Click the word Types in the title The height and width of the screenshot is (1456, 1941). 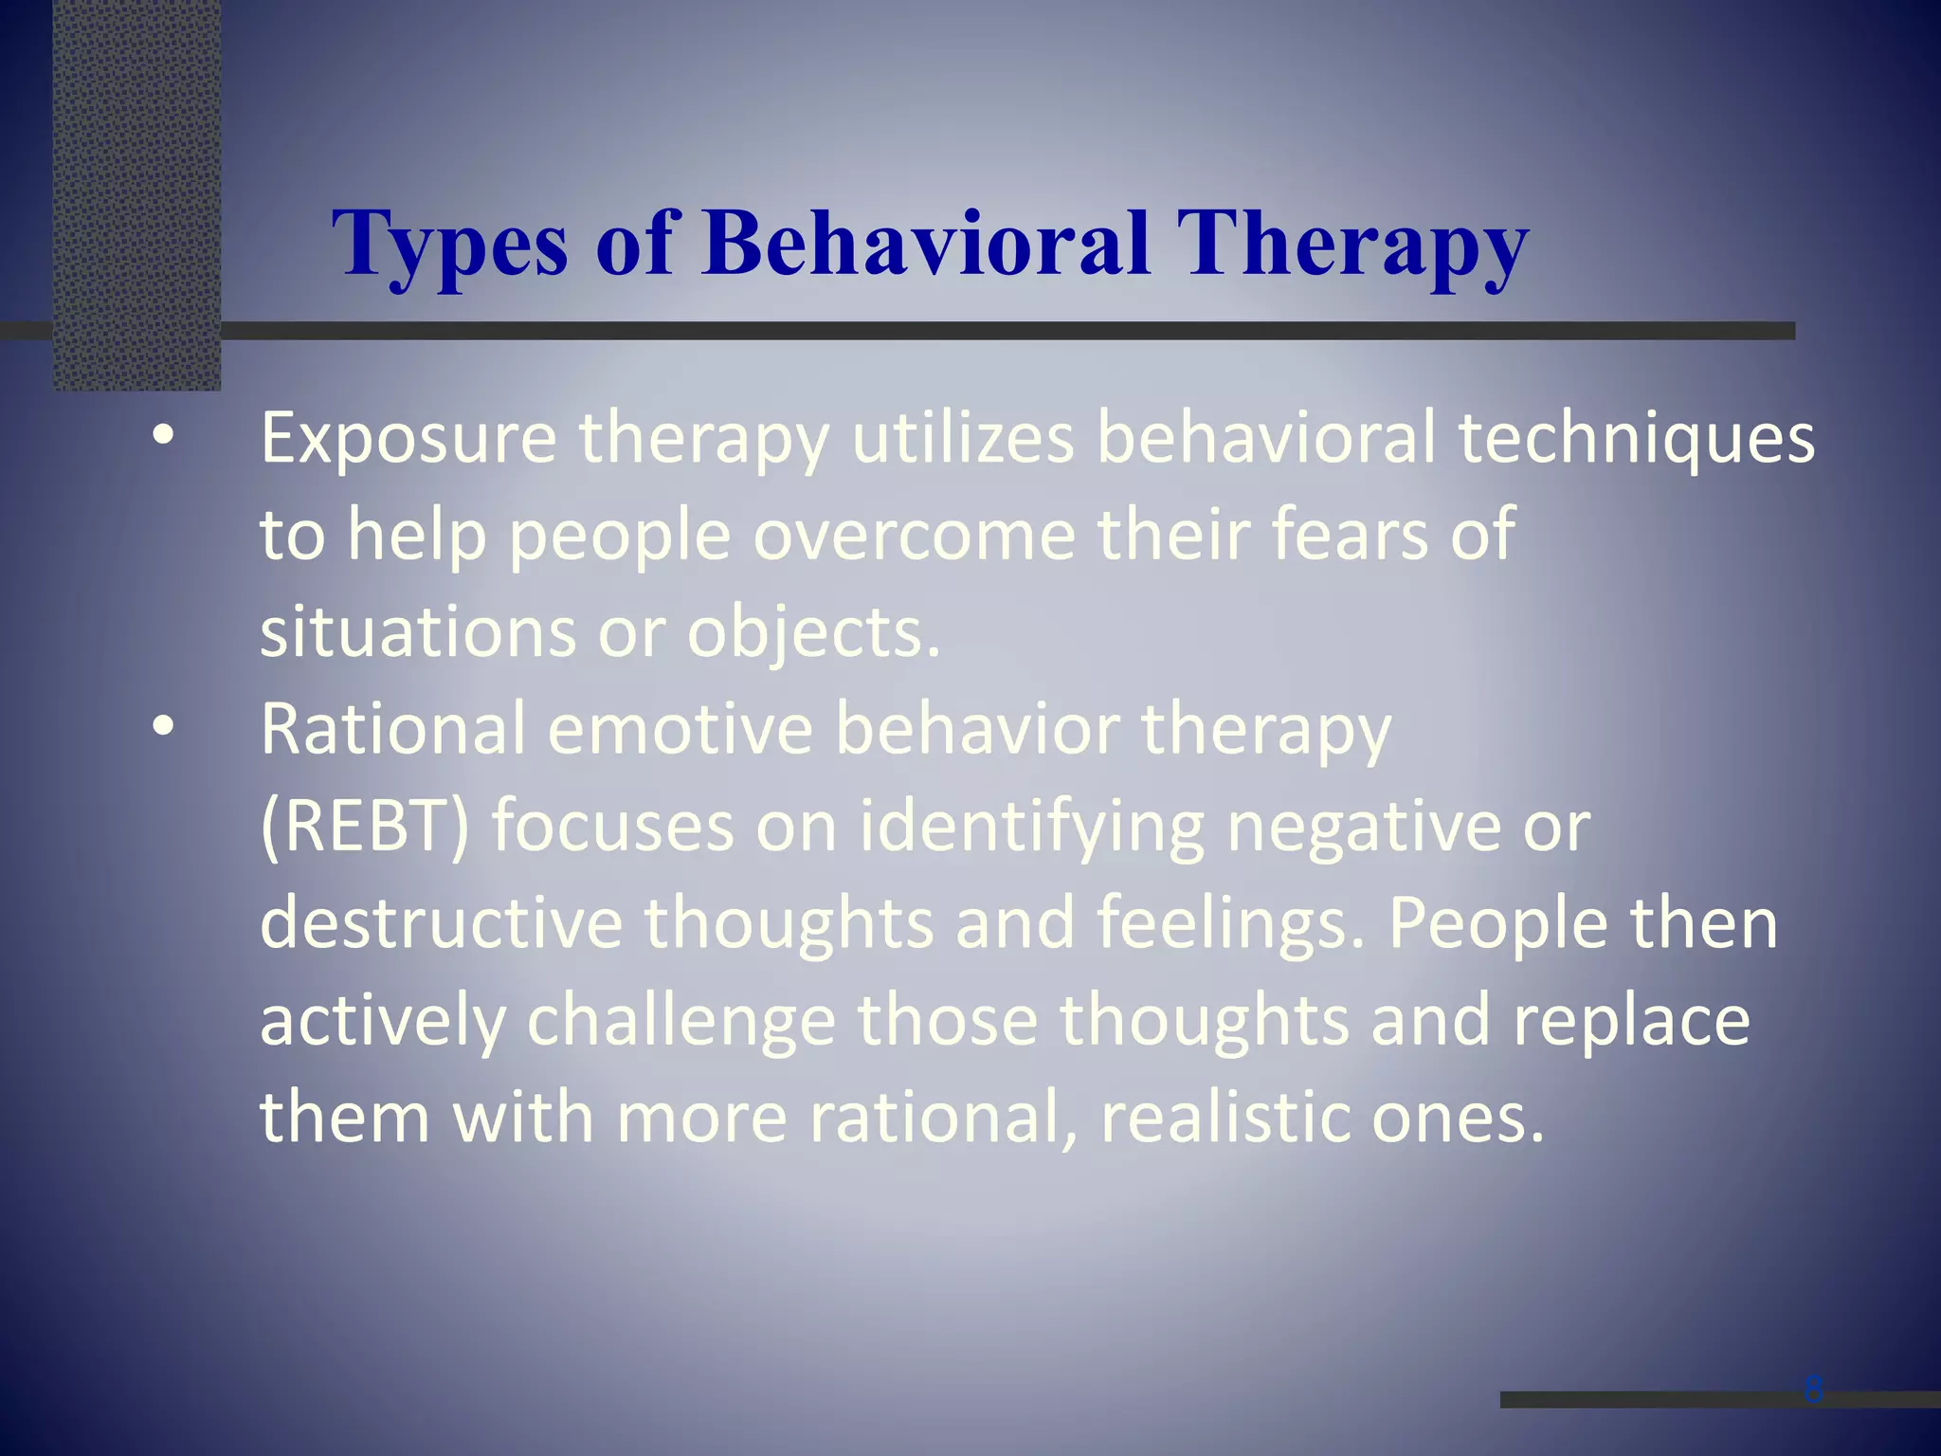[450, 245]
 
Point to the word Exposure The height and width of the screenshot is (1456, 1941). [408, 439]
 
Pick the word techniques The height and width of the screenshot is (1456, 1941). [1636, 439]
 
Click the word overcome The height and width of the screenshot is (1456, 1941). [915, 535]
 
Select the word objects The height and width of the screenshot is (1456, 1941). [813, 633]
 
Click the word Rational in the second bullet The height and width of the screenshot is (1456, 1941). [392, 729]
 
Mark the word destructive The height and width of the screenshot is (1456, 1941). [441, 923]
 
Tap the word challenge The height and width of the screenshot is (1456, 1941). [680, 1021]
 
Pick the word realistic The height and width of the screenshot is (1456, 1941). [1224, 1118]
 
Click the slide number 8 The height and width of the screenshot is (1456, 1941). [1813, 1390]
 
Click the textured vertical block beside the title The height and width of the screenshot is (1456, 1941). [136, 194]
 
